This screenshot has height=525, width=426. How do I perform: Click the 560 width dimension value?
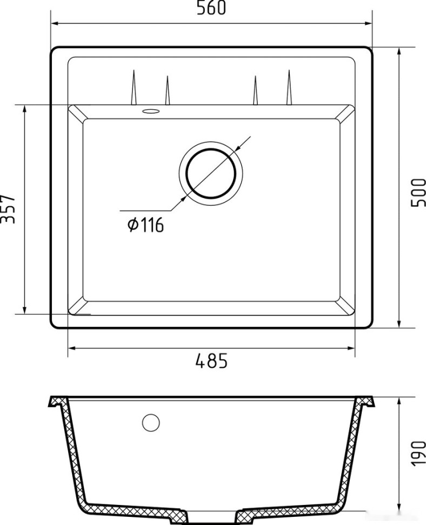[x=211, y=8]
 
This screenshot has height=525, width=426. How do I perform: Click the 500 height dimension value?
[x=418, y=192]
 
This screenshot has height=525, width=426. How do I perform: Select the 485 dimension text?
[x=211, y=360]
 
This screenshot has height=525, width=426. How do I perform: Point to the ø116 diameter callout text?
[x=145, y=225]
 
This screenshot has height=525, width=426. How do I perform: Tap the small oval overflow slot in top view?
[x=150, y=111]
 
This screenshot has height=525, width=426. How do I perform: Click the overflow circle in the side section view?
[x=151, y=423]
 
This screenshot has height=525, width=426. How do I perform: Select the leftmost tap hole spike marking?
[x=132, y=87]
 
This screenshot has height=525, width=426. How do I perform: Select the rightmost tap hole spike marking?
[x=289, y=87]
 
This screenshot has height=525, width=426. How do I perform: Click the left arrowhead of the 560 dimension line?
[x=55, y=24]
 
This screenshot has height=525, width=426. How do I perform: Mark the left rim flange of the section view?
[x=58, y=402]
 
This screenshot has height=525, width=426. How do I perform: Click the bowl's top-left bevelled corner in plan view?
[x=75, y=113]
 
